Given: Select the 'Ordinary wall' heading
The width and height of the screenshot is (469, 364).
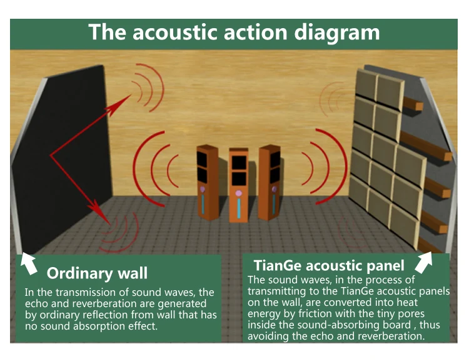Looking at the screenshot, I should [97, 273].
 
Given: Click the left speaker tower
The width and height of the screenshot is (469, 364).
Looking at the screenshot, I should [206, 181].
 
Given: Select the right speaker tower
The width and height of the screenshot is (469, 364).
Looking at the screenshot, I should [270, 181].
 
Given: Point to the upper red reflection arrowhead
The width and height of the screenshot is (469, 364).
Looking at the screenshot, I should [129, 97].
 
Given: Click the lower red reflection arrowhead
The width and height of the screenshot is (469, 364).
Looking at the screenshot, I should [100, 210].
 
